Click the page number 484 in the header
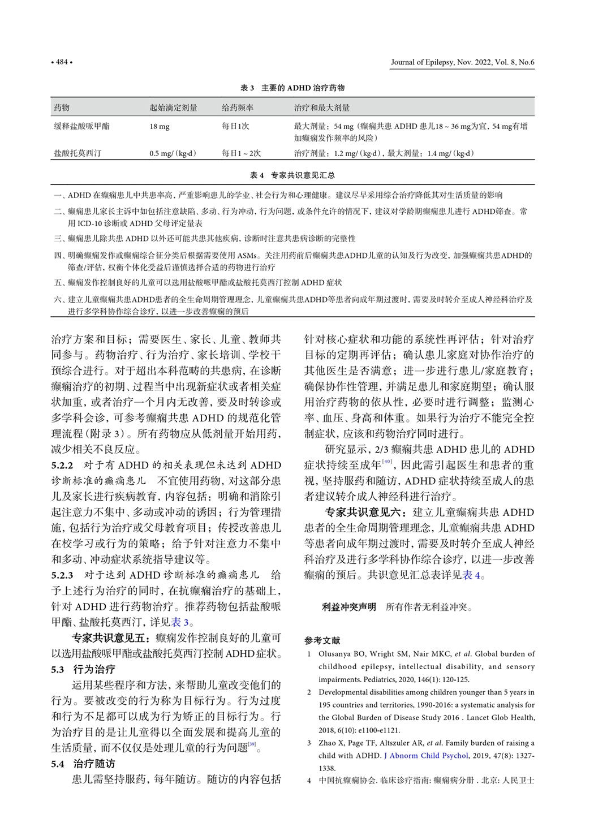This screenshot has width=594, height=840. pos(62,62)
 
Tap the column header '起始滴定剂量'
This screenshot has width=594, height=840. pos(173,107)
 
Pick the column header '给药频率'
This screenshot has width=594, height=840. pos(238,107)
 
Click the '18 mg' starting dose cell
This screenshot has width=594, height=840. pos(160,126)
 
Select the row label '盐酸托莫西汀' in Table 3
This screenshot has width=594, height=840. pos(78,153)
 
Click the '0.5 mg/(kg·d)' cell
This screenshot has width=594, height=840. pos(173,153)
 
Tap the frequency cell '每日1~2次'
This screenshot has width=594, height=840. pos(241,153)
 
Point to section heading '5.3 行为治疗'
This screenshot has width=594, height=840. pos(83,669)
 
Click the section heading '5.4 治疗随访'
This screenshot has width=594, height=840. pos(83,764)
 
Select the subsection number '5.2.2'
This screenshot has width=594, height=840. pos(62,466)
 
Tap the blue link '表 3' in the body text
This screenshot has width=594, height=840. pos(180,622)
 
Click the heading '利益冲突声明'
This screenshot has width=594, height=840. pos(349,607)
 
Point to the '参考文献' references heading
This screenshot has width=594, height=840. pos(322,640)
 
